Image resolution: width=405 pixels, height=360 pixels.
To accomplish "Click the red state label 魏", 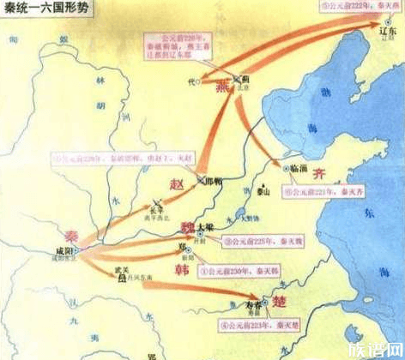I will pos(186,225).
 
